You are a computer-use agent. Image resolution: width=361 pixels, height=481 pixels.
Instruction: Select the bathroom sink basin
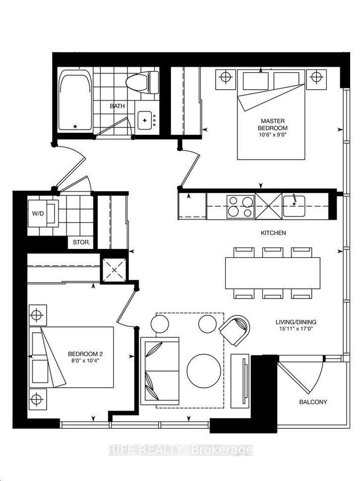pyautogui.click(x=145, y=120)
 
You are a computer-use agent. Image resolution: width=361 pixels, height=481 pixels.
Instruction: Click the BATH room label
pyautogui.click(x=118, y=106)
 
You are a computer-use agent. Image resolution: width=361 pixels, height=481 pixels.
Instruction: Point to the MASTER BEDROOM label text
pyautogui.click(x=272, y=124)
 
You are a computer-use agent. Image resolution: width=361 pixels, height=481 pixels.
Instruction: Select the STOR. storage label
pyautogui.click(x=81, y=242)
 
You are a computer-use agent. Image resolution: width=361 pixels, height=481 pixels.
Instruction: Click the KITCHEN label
pyautogui.click(x=274, y=233)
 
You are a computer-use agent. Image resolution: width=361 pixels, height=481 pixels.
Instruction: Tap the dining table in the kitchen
pyautogui.click(x=272, y=273)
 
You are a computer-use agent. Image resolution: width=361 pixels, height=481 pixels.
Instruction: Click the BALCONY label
pyautogui.click(x=313, y=402)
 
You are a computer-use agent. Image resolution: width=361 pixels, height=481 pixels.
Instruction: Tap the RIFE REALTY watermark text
pyautogui.click(x=180, y=450)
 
